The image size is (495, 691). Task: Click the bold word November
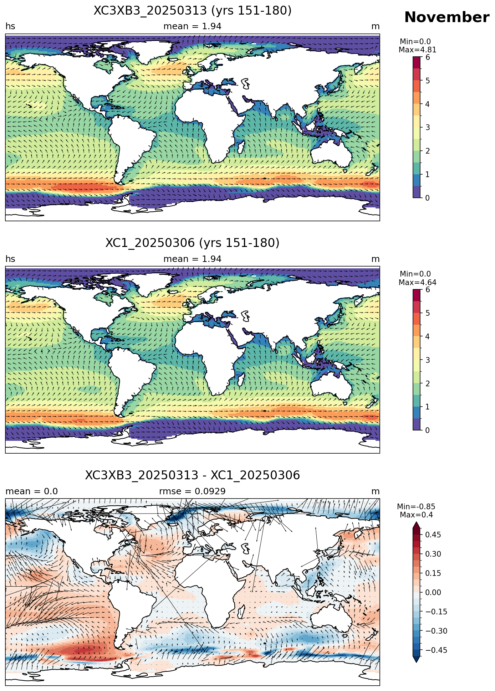pyautogui.click(x=446, y=17)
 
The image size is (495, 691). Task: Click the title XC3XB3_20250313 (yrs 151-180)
pyautogui.click(x=193, y=11)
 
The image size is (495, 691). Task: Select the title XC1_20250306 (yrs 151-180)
pyautogui.click(x=193, y=243)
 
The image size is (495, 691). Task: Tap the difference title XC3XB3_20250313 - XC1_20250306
pyautogui.click(x=193, y=475)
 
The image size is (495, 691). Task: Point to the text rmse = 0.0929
pyautogui.click(x=192, y=491)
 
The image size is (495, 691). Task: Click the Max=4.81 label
pyautogui.click(x=417, y=50)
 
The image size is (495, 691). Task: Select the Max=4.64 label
pyautogui.click(x=417, y=283)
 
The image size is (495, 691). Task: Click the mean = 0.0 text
pyautogui.click(x=32, y=491)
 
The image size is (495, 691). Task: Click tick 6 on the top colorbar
pyautogui.click(x=428, y=57)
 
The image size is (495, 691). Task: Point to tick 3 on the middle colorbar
pyautogui.click(x=428, y=360)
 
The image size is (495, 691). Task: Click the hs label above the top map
pyautogui.click(x=10, y=26)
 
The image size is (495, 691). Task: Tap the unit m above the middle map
pyautogui.click(x=376, y=259)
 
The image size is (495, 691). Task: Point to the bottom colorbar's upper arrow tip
pyautogui.click(x=416, y=522)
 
